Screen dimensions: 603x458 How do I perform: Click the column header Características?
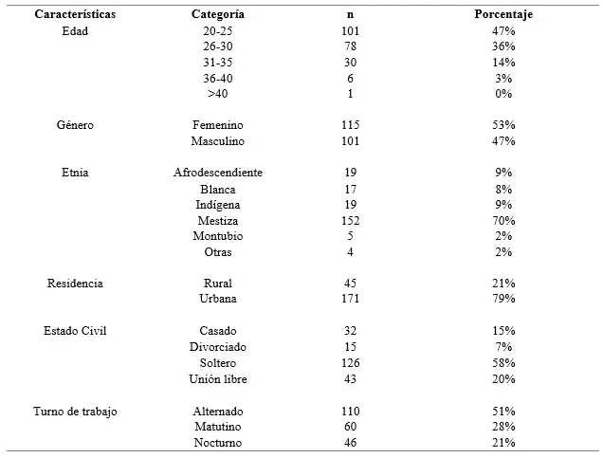[x=75, y=14]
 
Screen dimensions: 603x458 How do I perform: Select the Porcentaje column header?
[x=503, y=14]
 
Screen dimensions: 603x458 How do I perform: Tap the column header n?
[x=350, y=14]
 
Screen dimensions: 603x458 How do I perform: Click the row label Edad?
[x=75, y=30]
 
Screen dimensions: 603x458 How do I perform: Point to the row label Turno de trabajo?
[x=75, y=412]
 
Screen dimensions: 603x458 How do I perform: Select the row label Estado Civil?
[x=75, y=331]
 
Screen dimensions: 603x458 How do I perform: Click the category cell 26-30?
[x=218, y=46]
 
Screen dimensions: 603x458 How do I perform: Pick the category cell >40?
[x=218, y=94]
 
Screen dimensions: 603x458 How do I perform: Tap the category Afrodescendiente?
[x=218, y=173]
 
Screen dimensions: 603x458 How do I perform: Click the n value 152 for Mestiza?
[x=350, y=221]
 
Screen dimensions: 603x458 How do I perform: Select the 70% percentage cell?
[x=503, y=221]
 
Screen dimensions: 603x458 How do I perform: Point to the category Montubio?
[x=218, y=236]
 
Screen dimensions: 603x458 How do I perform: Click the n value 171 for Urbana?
[x=350, y=299]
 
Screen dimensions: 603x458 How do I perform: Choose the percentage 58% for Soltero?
[x=503, y=363]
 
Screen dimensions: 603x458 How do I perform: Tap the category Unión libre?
[x=218, y=379]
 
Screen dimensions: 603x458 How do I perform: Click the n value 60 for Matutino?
[x=350, y=427]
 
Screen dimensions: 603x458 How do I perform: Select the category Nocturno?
[x=218, y=443]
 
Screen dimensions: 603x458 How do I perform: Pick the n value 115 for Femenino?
[x=350, y=125]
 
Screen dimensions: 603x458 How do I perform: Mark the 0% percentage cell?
[x=503, y=94]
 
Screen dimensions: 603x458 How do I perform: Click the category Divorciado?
[x=218, y=347]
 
